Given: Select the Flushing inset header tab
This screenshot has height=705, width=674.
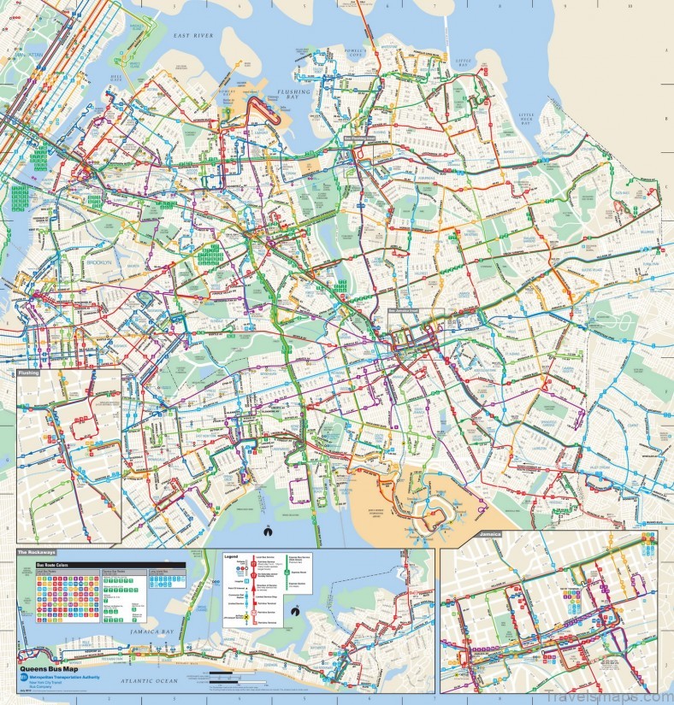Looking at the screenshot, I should point(31,373).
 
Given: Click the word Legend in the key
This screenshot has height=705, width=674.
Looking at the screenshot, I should point(230,557).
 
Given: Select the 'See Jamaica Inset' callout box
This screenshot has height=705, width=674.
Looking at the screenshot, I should point(406,311).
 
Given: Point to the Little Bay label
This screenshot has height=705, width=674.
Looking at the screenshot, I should point(463,62).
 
